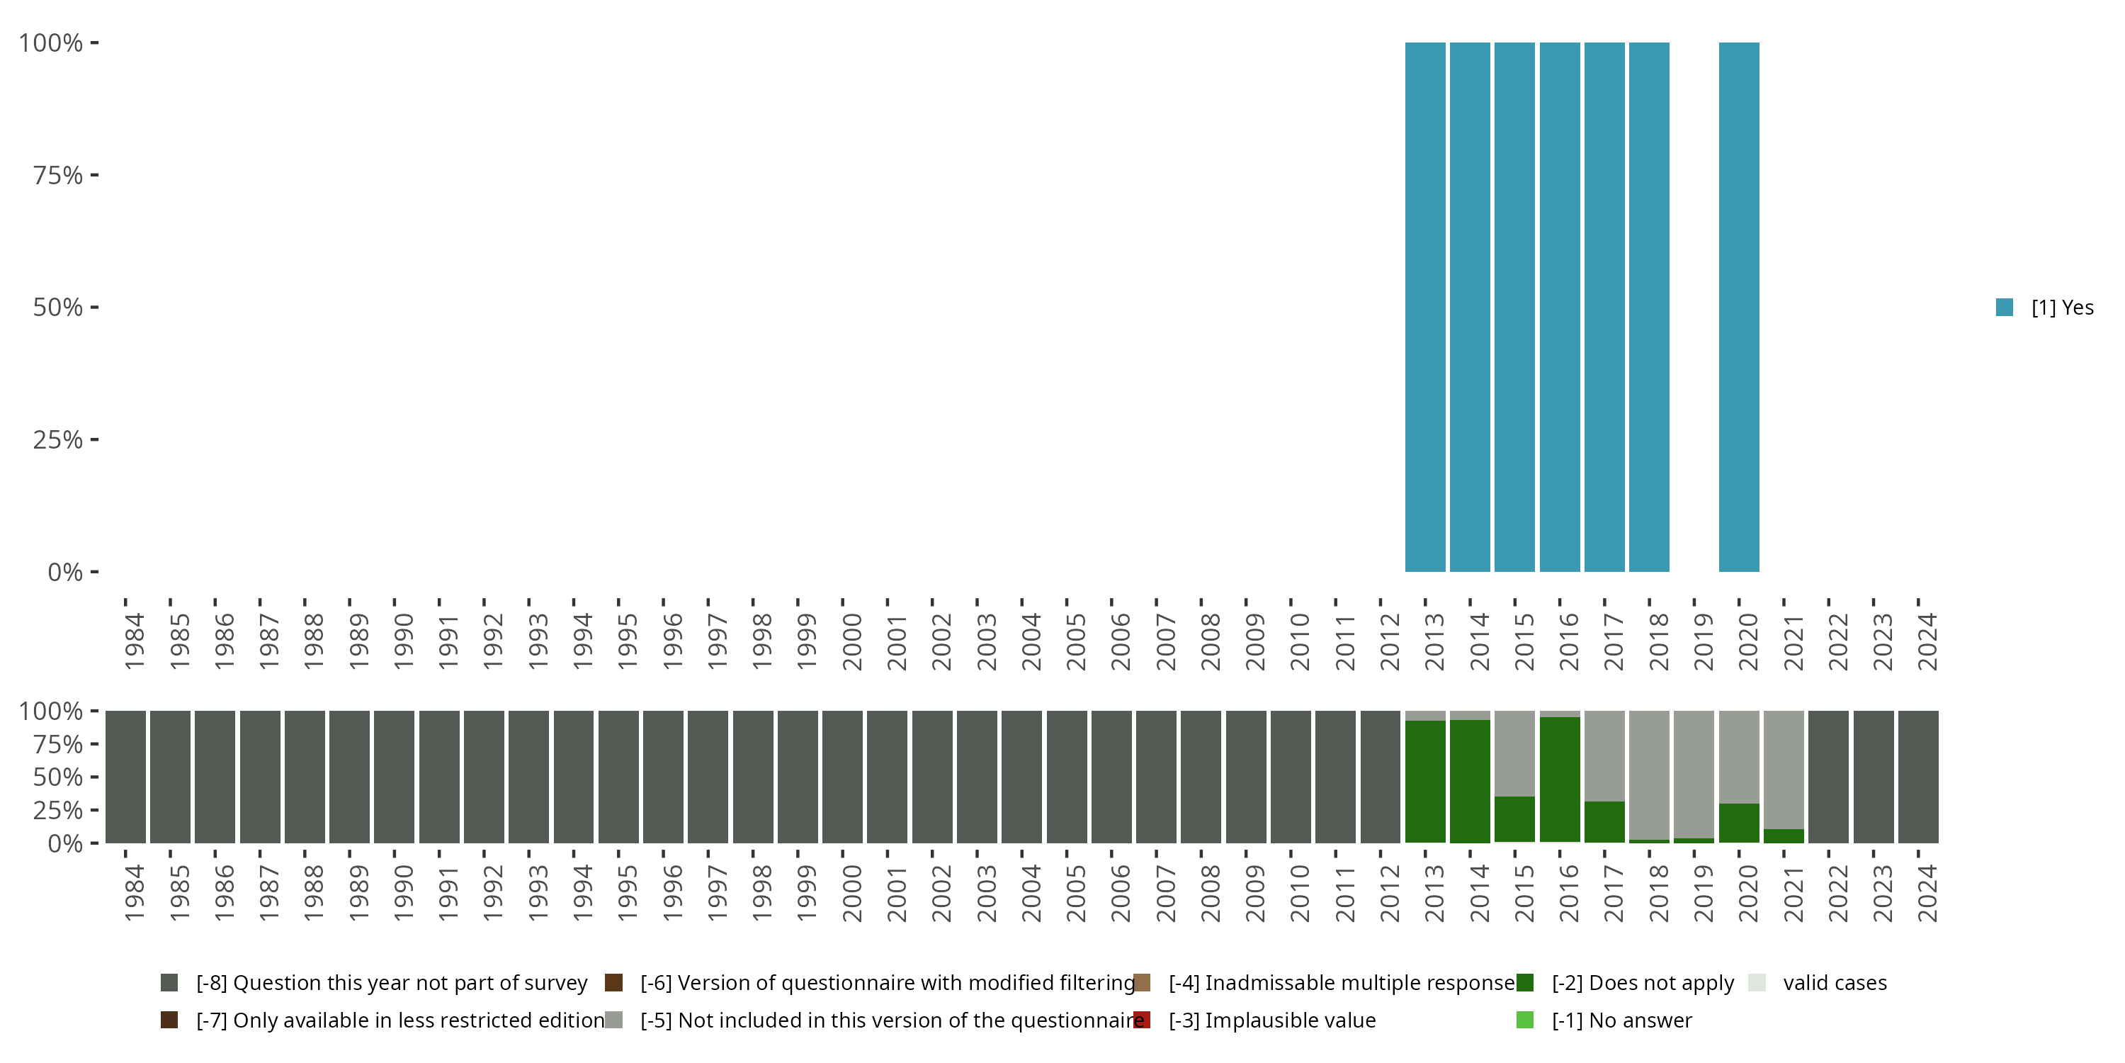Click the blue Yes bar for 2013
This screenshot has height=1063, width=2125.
(1424, 307)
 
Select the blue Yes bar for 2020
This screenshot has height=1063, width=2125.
(1739, 307)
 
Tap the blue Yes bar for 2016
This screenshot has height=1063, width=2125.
(1559, 307)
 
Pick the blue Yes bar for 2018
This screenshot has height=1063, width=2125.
(1649, 307)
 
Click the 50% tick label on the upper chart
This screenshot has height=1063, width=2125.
(58, 307)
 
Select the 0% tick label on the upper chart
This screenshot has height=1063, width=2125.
(65, 572)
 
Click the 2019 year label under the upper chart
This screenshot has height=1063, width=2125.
(1704, 641)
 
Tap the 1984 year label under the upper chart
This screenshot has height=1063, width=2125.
(135, 641)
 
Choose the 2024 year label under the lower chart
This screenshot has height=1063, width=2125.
(1927, 893)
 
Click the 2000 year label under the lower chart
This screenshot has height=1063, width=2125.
(851, 893)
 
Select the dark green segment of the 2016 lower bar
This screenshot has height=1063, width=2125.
(1559, 780)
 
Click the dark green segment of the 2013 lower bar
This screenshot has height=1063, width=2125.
(1424, 782)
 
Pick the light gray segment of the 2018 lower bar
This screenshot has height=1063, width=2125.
(1649, 774)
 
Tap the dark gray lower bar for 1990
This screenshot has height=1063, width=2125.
(395, 777)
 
